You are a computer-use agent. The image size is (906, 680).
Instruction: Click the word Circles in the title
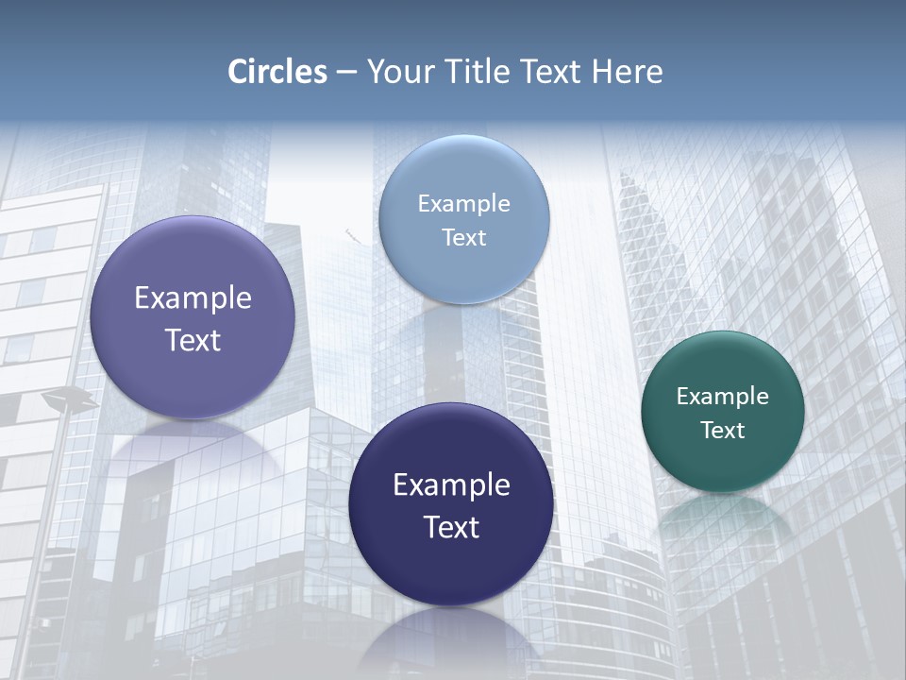(277, 72)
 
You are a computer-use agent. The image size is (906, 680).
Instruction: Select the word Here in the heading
(628, 72)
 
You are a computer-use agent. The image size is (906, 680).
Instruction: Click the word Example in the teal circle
(723, 397)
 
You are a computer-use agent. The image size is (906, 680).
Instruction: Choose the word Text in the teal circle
(723, 431)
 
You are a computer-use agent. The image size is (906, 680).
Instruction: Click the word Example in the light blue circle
(463, 204)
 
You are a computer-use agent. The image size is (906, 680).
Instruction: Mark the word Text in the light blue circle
(463, 238)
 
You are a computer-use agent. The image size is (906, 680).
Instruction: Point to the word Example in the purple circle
(193, 298)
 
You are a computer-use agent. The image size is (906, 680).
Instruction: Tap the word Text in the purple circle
(193, 340)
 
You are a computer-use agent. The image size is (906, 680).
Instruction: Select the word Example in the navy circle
(451, 485)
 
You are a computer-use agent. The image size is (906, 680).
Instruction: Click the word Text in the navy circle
(451, 527)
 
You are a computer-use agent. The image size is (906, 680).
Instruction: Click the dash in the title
(346, 73)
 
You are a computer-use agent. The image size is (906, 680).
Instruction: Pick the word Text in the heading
(553, 72)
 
